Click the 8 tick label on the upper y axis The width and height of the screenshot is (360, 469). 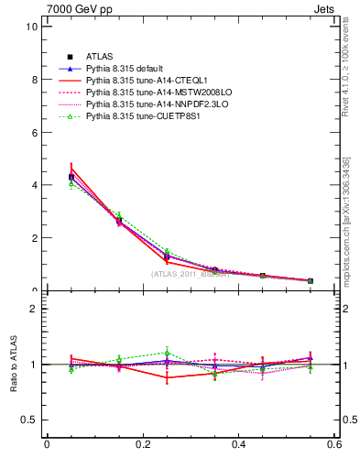click(x=34, y=80)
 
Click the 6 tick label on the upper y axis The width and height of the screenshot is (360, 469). click(x=34, y=132)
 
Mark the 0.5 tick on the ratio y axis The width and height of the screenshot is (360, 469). click(x=30, y=420)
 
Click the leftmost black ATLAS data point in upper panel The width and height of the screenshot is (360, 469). click(x=47, y=177)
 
